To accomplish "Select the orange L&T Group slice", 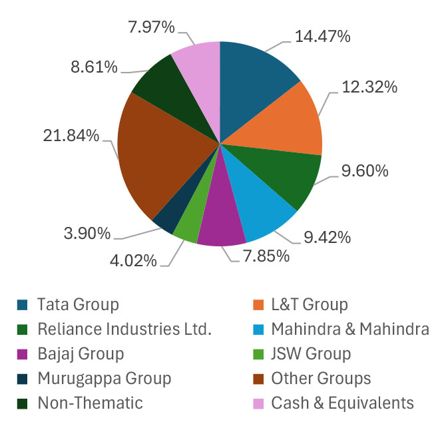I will (x=286, y=126).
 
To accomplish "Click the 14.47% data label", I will (x=322, y=37).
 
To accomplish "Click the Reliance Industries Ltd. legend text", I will (x=124, y=329).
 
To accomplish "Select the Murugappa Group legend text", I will (x=105, y=378).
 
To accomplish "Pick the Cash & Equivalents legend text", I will (x=342, y=403).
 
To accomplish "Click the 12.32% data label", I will (x=369, y=87).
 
